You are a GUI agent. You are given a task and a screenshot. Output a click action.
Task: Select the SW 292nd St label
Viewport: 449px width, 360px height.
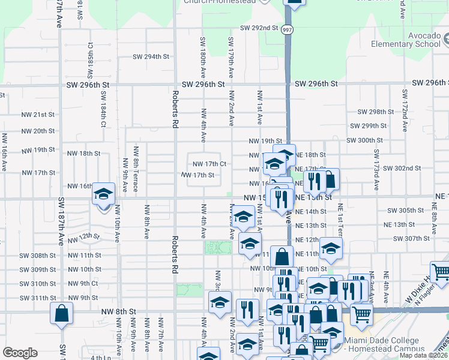259,28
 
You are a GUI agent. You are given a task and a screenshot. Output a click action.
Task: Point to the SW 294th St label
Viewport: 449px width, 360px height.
151,57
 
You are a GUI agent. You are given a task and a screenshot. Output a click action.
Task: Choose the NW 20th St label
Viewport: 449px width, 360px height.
38,131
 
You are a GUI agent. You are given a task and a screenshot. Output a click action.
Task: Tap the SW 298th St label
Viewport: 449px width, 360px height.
376,112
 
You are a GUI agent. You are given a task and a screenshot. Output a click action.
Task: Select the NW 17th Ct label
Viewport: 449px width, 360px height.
209,164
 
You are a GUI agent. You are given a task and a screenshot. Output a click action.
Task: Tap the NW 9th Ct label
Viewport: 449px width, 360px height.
83,283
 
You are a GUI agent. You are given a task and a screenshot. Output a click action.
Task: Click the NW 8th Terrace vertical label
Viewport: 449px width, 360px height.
136,169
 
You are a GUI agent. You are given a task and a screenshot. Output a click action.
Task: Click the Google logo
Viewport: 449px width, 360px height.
20,353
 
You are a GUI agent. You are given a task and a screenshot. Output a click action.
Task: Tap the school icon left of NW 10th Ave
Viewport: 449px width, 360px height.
103,194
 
